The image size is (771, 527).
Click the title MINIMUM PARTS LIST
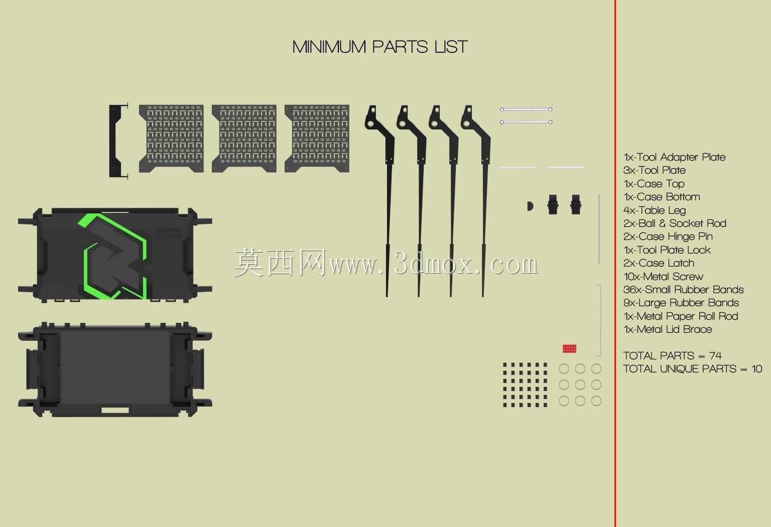tap(379, 47)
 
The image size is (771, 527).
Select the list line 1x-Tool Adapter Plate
tap(675, 157)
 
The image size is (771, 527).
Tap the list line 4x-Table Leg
tap(655, 210)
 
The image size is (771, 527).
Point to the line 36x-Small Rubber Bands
tap(684, 290)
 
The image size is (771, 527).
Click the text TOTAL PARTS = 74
tap(673, 355)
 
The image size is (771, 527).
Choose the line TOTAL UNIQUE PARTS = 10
tap(693, 369)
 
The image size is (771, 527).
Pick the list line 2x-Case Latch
tap(659, 263)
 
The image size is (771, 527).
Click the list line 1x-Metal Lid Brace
tap(668, 329)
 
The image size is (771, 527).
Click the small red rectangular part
tap(569, 349)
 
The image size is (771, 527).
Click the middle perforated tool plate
tap(244, 139)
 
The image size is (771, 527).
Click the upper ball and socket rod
tap(526, 109)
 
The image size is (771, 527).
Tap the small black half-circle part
tap(530, 206)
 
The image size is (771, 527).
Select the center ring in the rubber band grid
tap(580, 384)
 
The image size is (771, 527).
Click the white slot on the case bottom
tap(115, 410)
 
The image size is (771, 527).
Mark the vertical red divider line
tap(615, 263)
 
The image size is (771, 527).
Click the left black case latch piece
tap(553, 204)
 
